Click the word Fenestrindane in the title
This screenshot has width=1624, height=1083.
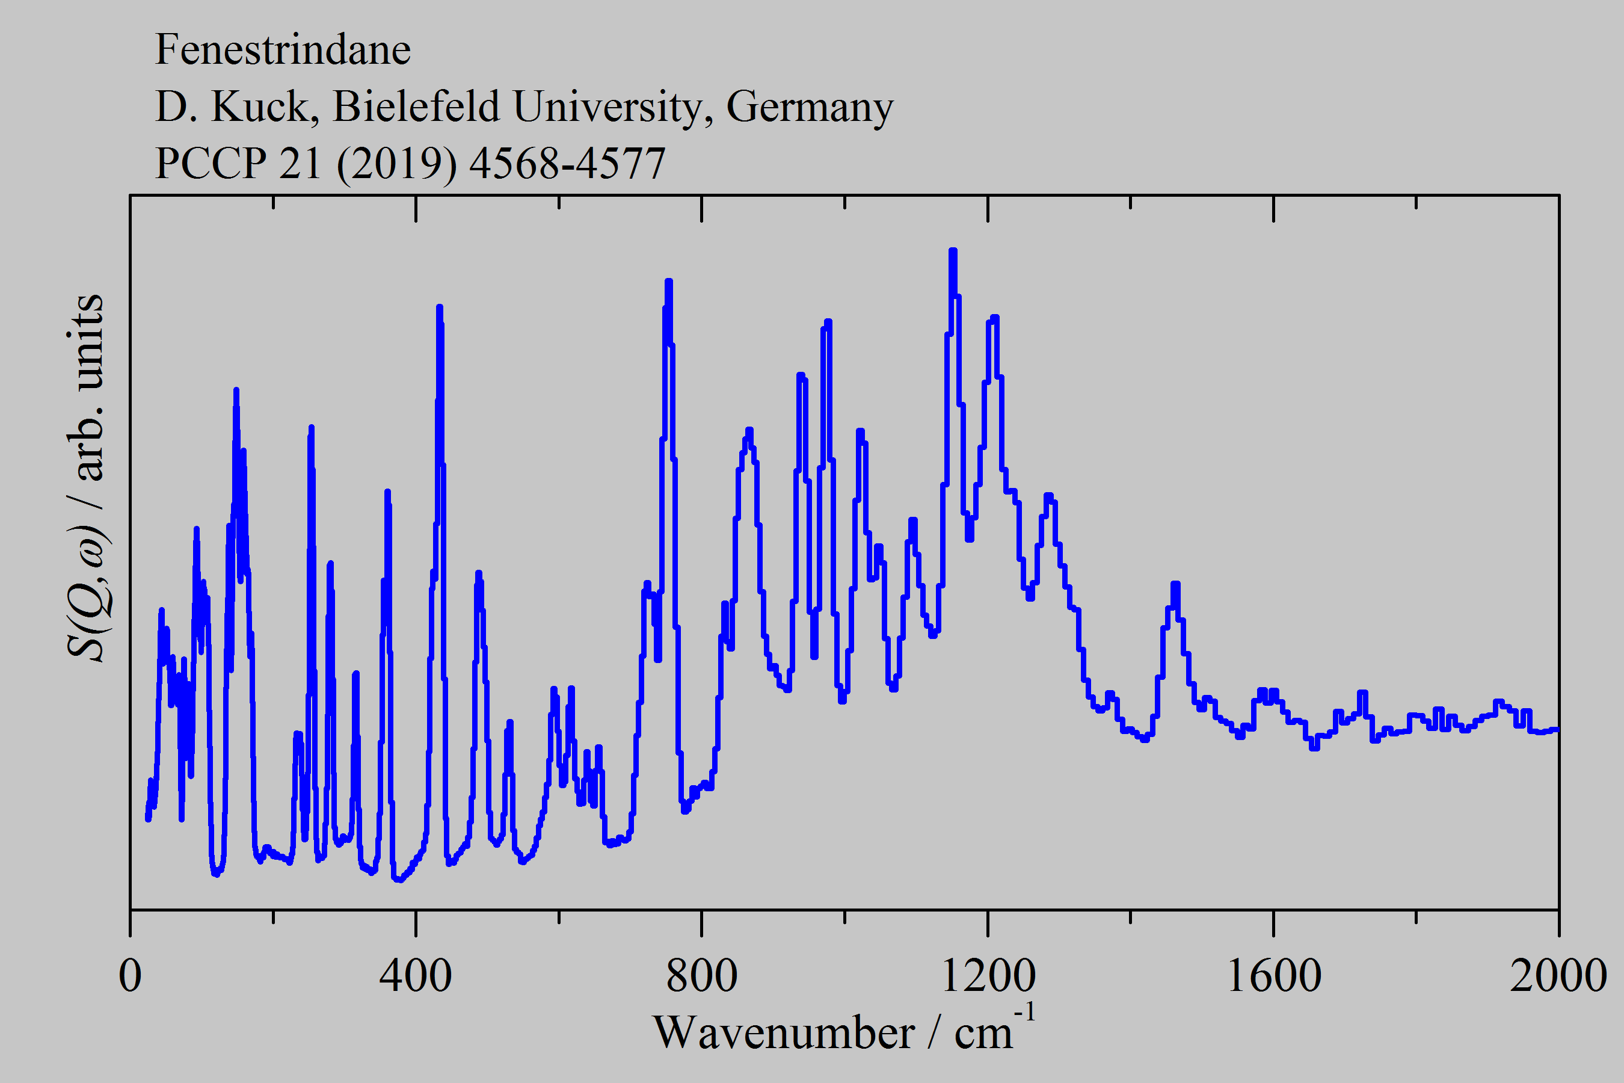283,50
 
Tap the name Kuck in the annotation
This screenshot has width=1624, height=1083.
260,106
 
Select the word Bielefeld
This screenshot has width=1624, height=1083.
416,106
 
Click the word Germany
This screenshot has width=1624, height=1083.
809,108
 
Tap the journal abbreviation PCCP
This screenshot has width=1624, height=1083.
211,164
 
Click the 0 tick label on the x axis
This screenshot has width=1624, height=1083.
130,975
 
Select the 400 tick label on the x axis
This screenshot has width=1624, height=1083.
416,975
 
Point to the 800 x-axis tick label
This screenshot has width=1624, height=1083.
701,975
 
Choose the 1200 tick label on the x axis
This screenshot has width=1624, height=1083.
988,975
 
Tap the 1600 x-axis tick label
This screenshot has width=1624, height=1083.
1273,975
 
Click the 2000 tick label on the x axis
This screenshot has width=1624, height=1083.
1558,975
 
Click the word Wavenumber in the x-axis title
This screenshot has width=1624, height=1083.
784,1033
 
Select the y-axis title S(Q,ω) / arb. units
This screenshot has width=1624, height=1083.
85,477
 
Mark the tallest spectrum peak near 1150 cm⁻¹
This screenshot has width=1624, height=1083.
953,251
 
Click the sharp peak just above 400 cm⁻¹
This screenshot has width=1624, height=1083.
439,308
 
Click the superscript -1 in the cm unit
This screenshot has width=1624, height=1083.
1025,1013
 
